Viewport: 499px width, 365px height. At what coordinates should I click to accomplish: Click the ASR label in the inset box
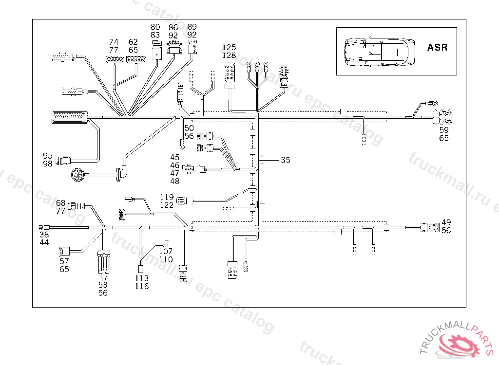point(437,48)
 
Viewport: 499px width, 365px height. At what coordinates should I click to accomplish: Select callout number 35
point(286,160)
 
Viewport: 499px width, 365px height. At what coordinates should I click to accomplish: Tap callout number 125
point(229,48)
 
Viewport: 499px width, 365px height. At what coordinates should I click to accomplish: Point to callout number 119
point(167,197)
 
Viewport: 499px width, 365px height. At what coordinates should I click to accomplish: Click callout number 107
point(166,251)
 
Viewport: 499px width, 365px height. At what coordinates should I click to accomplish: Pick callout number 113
point(142,278)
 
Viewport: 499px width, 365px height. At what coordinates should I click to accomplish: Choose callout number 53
point(103,285)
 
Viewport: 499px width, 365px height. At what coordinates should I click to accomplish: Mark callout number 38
point(44,234)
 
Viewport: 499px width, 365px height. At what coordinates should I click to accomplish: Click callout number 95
point(47,156)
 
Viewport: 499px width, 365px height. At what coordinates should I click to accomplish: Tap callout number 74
point(114,42)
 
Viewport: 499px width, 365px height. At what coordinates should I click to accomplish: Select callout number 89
point(192,27)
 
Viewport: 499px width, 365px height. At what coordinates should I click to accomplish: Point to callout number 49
point(446,222)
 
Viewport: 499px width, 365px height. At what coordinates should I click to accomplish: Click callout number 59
point(444,130)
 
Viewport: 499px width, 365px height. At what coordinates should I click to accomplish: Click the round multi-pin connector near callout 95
point(78,174)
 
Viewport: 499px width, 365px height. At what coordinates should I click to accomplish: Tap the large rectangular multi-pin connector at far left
point(68,118)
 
